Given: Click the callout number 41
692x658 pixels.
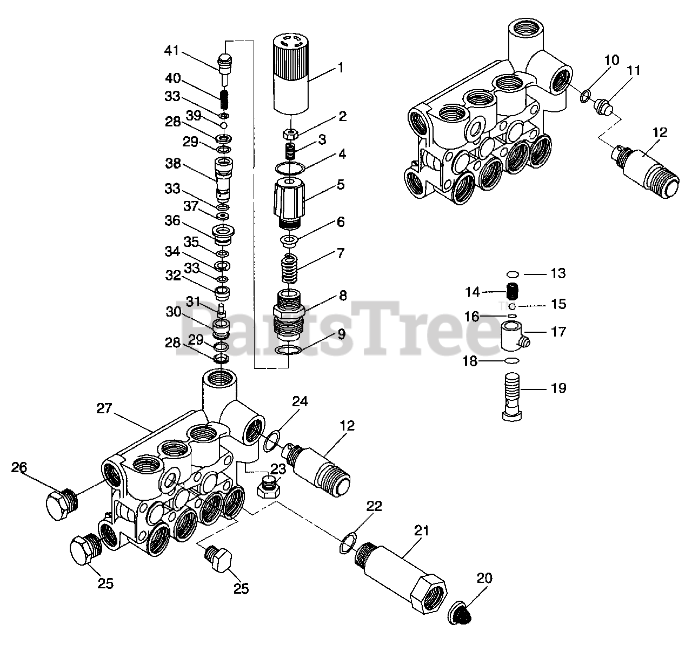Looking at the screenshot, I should tap(171, 51).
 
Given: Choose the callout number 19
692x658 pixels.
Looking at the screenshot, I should tap(558, 388).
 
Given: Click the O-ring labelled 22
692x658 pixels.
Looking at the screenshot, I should tap(345, 543).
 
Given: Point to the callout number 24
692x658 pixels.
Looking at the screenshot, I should tap(300, 401).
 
